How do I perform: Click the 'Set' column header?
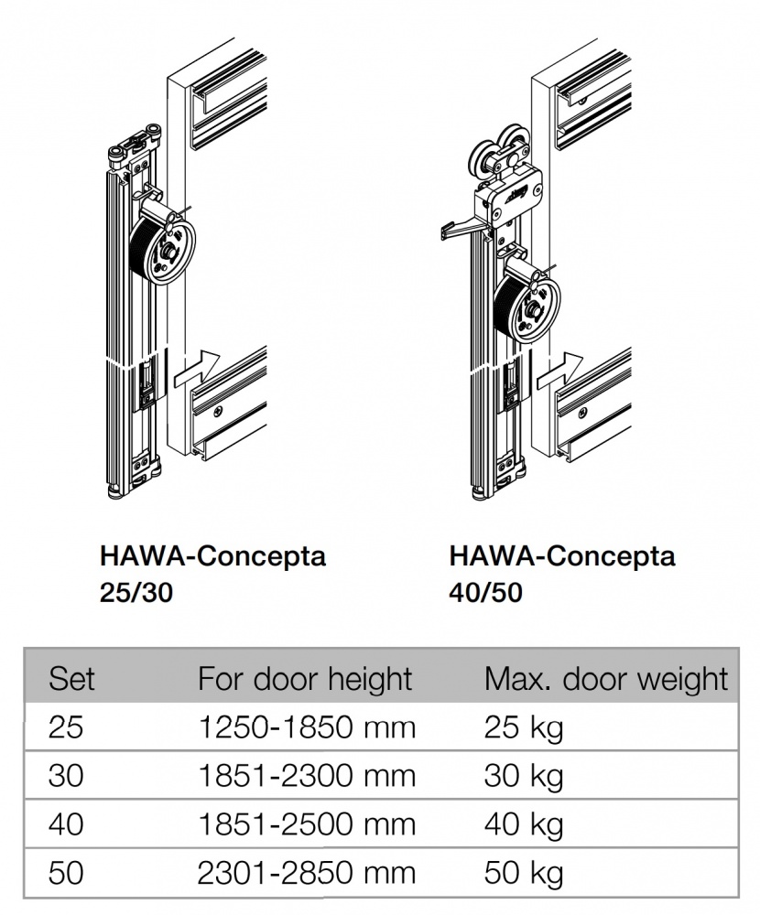coord(71,679)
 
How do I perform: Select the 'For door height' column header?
coord(305,679)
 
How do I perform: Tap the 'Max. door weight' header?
coord(606,679)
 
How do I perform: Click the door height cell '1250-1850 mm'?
coord(307,727)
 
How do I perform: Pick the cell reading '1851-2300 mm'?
coord(307,776)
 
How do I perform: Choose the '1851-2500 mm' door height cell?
coord(307,824)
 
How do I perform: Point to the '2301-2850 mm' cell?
coord(307,873)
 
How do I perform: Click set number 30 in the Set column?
coord(66,776)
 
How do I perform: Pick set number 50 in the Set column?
coord(66,873)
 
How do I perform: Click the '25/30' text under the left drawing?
coord(136,592)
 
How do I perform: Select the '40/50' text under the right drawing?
coord(485,592)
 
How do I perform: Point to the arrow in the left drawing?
coord(197,368)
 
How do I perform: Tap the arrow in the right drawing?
coord(559,371)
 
